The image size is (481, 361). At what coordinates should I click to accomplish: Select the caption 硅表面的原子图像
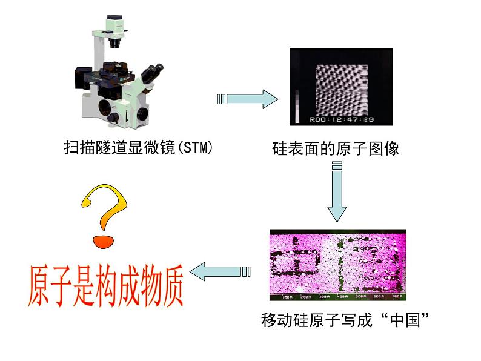point(336,148)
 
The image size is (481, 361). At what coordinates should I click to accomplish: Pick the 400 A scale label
point(343,297)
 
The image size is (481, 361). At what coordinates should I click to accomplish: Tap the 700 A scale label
point(396,297)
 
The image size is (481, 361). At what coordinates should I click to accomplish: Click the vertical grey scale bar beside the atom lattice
point(296,107)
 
